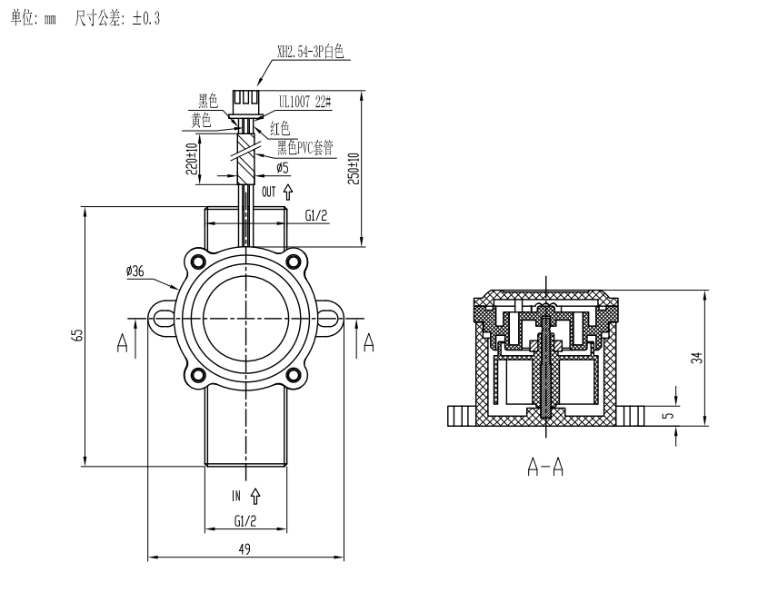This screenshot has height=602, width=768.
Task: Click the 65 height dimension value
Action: [79, 337]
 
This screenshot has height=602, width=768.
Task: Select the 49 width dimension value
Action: [244, 548]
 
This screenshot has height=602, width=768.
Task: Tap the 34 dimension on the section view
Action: [696, 358]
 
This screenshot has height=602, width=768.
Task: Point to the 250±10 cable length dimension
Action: [354, 169]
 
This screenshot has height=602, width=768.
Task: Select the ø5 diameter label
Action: [283, 169]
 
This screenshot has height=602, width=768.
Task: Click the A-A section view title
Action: [545, 467]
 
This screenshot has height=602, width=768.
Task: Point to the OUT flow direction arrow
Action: [289, 192]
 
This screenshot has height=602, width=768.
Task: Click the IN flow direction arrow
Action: [255, 496]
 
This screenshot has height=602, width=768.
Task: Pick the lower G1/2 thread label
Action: [245, 521]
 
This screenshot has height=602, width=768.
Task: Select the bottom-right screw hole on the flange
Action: [294, 373]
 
